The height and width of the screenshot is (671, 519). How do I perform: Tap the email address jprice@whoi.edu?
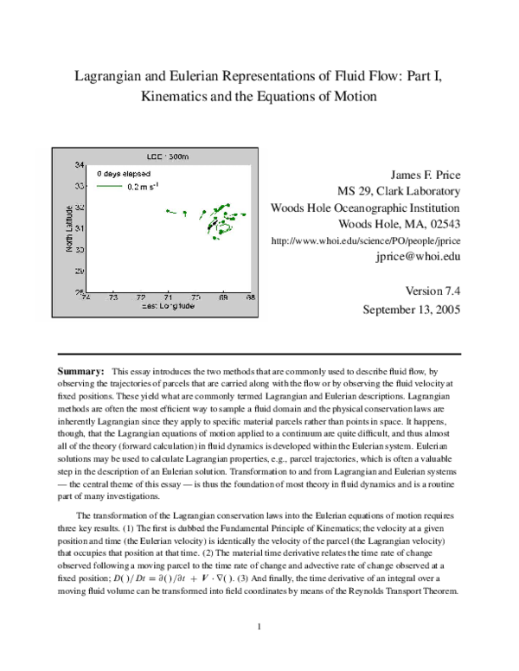point(417,257)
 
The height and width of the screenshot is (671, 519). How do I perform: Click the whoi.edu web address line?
point(365,240)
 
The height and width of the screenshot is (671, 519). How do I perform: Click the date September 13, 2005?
point(411,309)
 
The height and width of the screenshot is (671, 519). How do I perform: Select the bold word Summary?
point(80,370)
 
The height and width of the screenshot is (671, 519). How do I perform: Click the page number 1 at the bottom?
point(259,625)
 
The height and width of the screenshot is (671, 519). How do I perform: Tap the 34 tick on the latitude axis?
point(80,164)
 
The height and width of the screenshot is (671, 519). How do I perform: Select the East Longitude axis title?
point(167,306)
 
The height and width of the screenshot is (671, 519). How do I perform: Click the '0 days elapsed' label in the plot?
point(124,174)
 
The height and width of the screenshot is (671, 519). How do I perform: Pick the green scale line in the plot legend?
point(109,186)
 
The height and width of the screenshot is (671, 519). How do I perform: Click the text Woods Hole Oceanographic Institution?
point(365,208)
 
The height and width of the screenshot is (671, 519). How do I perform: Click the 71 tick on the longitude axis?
point(168,298)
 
